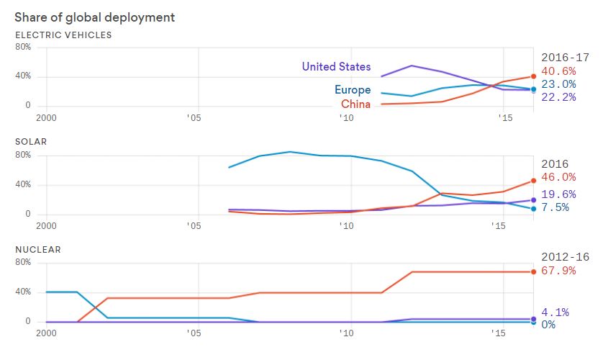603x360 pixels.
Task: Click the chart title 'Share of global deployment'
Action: pyautogui.click(x=94, y=17)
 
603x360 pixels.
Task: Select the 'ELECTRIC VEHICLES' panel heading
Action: pyautogui.click(x=63, y=35)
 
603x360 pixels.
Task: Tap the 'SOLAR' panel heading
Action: pyautogui.click(x=31, y=142)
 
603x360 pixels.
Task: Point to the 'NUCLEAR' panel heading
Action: pyautogui.click(x=37, y=249)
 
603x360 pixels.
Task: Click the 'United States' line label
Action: pyautogui.click(x=336, y=67)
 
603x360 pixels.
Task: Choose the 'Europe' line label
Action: pyautogui.click(x=353, y=90)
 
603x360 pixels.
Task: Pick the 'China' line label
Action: pyautogui.click(x=355, y=104)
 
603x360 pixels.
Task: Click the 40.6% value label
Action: pyautogui.click(x=558, y=71)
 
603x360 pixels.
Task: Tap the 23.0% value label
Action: pyautogui.click(x=558, y=84)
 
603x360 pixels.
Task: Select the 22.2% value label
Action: pyautogui.click(x=558, y=97)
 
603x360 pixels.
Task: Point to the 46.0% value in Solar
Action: pyautogui.click(x=558, y=177)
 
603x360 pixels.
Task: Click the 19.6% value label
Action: pyautogui.click(x=558, y=194)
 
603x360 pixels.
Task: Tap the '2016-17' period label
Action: pyautogui.click(x=565, y=56)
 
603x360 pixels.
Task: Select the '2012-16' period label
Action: pyautogui.click(x=565, y=257)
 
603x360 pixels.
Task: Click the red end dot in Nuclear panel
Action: pyautogui.click(x=533, y=271)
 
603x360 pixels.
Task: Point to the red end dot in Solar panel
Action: pyautogui.click(x=533, y=180)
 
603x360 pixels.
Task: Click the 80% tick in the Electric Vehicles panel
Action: pyautogui.click(x=22, y=47)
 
